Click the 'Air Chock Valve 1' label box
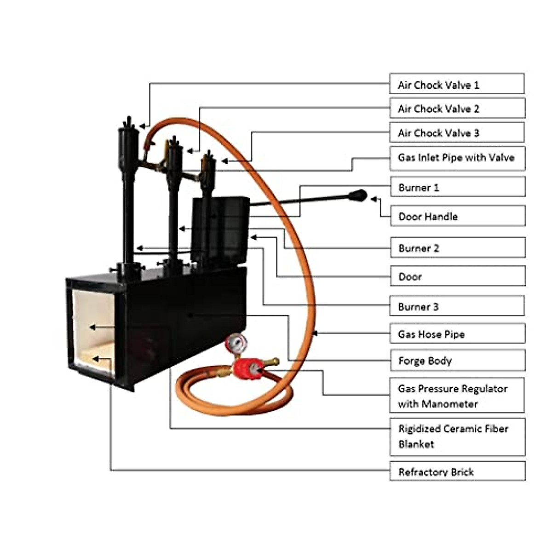coord(456,84)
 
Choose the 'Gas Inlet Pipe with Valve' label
coord(457,158)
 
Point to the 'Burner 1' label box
coord(457,187)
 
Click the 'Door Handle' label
coord(457,216)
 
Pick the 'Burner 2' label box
coord(457,248)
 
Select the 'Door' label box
coord(457,276)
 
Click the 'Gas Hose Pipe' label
coord(457,334)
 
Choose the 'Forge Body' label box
coord(457,361)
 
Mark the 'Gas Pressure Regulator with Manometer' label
coord(456,396)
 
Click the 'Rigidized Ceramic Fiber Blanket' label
coord(457,437)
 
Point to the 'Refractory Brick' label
coord(457,471)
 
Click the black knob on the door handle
coord(358,196)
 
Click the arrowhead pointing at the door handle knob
coord(373,199)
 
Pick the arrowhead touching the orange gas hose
coord(315,333)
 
